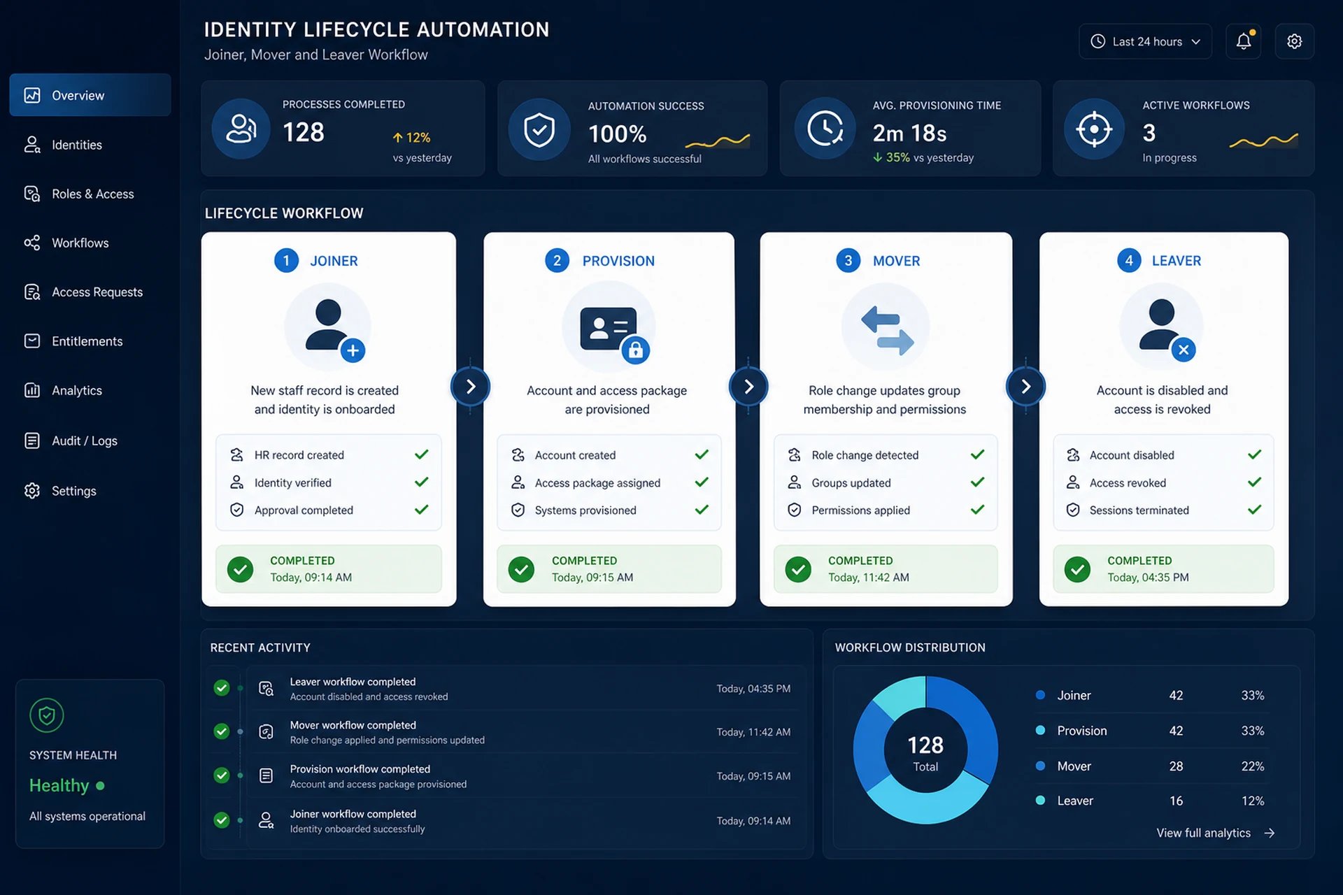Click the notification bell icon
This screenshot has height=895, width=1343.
coord(1243,41)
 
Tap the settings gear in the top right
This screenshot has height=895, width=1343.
coord(1294,41)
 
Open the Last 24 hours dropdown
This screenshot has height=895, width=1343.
coord(1145,41)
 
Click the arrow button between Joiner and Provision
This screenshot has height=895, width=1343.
coord(470,387)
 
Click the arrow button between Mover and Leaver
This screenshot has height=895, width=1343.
coord(1025,387)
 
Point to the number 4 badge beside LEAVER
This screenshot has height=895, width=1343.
coord(1128,261)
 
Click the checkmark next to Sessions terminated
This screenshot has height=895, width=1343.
coord(1254,510)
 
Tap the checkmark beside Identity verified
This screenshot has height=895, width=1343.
coord(421,482)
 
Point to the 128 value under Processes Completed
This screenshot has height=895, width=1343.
coord(304,132)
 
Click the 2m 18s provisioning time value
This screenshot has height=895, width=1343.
coord(909,133)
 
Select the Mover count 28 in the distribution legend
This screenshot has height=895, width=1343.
coord(1176,766)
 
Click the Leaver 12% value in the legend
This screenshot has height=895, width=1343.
coord(1252,801)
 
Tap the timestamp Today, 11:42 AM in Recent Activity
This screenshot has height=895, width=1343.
coord(753,732)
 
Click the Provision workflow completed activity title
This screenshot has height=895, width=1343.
coord(360,769)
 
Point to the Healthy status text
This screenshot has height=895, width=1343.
coord(59,786)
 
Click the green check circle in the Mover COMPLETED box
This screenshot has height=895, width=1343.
coord(797,569)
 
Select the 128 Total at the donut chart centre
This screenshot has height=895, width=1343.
coord(925,752)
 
